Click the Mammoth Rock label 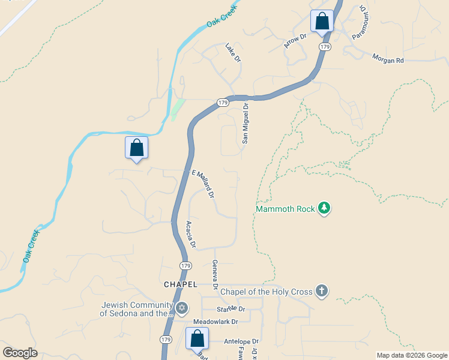point(285,209)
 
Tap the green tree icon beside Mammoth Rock point(324,208)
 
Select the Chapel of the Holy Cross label point(267,292)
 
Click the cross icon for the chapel point(322,292)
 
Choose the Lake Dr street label point(232,52)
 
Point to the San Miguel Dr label point(245,123)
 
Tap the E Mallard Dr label point(203,183)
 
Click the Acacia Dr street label point(190,235)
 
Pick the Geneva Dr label point(214,275)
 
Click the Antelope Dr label point(241,341)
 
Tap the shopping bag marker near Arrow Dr point(322,21)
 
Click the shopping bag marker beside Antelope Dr point(197,339)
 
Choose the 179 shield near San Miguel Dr point(222,103)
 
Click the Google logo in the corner point(20,353)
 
